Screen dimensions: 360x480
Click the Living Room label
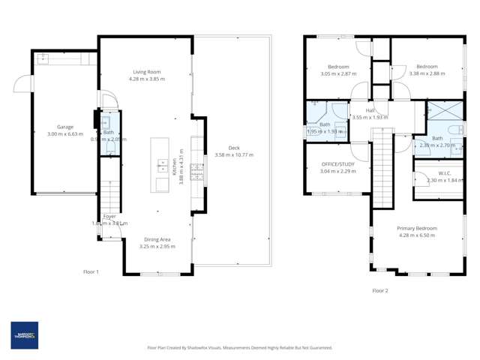146,72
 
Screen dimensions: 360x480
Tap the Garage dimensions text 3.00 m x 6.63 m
65,133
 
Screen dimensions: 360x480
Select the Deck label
233,148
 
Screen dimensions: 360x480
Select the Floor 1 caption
91,271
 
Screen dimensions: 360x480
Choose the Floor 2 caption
380,290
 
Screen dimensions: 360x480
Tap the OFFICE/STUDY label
338,163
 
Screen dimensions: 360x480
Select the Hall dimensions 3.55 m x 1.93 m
369,117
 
